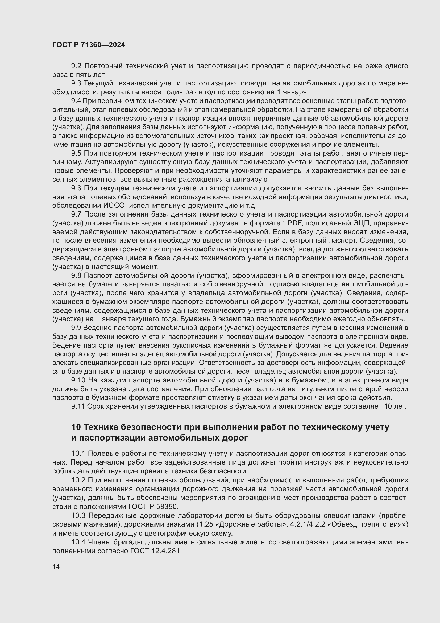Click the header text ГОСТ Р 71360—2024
pos(89,45)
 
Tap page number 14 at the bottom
pos(56,567)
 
